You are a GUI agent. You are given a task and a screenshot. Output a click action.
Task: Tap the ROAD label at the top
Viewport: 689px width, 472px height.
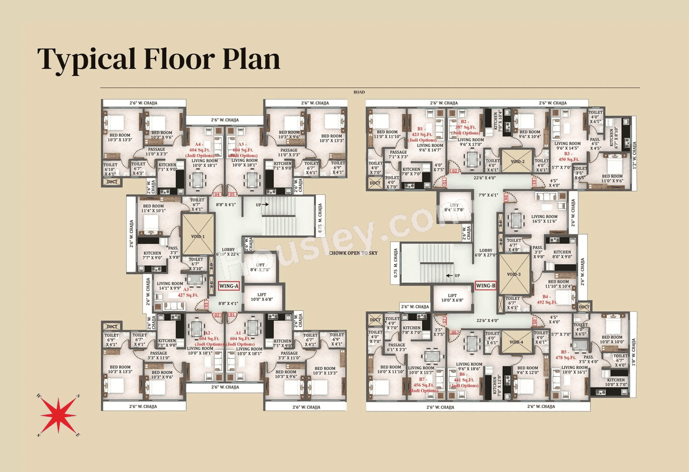click(x=359, y=92)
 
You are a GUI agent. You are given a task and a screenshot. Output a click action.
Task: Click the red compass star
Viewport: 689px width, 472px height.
click(x=58, y=414)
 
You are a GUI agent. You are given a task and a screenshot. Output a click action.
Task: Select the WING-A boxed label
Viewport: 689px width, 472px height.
click(x=229, y=286)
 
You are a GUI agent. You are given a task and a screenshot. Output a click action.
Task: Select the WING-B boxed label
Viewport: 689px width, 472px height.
click(x=485, y=285)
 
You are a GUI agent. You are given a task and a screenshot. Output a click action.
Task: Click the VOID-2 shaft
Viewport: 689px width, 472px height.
click(x=516, y=160)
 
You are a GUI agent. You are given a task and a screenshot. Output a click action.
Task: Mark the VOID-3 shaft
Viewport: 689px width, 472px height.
click(x=515, y=274)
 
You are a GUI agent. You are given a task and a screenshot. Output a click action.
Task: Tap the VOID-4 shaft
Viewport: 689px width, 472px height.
click(x=516, y=342)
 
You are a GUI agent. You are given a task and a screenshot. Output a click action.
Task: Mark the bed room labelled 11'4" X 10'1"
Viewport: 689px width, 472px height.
click(x=153, y=208)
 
